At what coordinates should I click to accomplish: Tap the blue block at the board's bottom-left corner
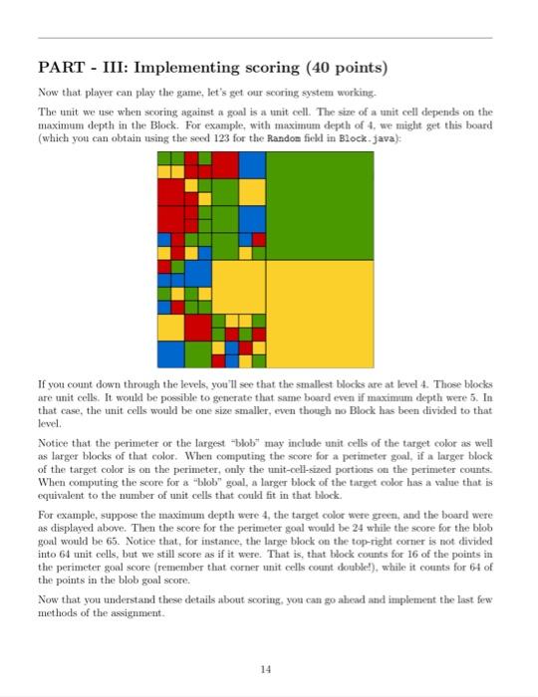coord(170,352)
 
